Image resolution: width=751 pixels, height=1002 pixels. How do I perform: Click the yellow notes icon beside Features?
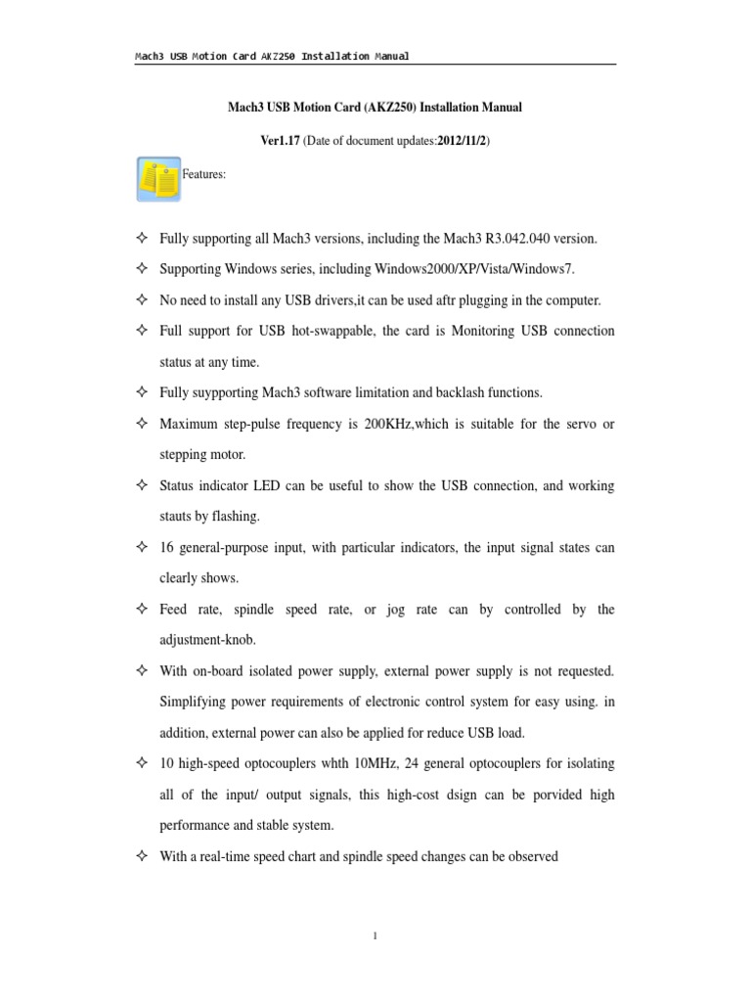(158, 178)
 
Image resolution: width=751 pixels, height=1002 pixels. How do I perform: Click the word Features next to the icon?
(205, 174)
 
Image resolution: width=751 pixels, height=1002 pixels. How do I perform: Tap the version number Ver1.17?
(280, 141)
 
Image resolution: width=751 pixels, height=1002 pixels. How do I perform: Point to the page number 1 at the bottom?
(375, 936)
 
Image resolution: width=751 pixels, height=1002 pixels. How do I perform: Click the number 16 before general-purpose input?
(166, 548)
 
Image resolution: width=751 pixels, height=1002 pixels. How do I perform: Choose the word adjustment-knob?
(207, 640)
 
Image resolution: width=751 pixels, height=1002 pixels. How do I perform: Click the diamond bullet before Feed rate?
(142, 609)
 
